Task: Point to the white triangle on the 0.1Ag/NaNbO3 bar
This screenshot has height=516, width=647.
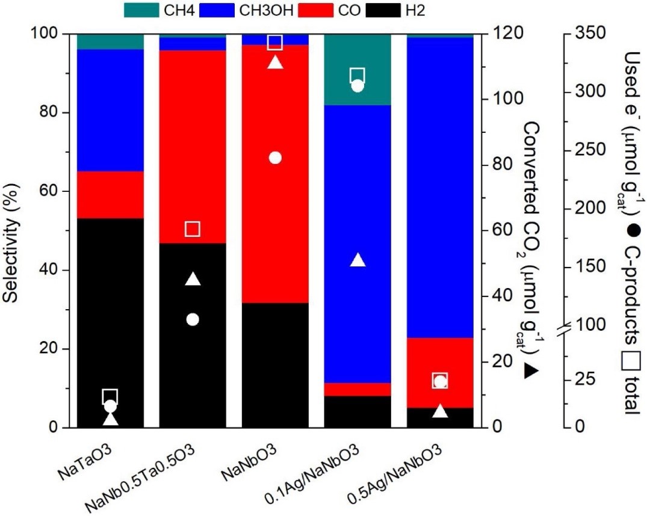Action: [358, 260]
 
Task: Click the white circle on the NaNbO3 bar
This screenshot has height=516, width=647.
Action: [275, 158]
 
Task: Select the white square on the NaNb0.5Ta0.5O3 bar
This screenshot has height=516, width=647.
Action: [193, 229]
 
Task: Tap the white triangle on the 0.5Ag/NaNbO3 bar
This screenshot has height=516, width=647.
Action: [440, 411]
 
